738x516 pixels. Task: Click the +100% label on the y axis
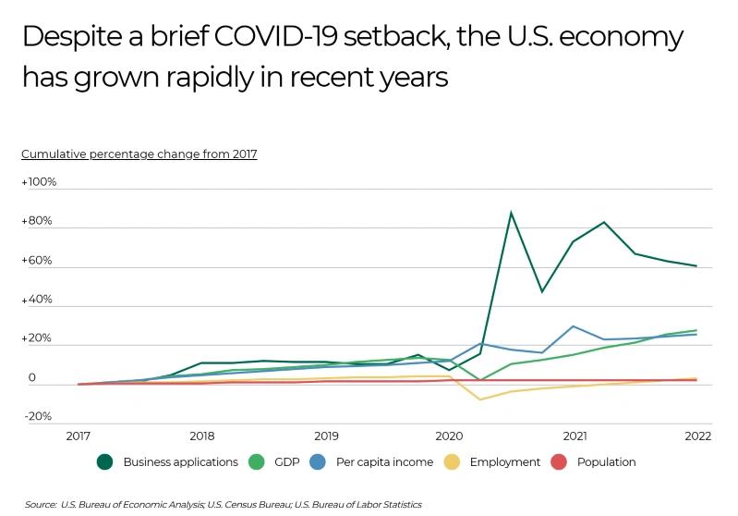39,182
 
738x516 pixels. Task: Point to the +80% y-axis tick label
37,222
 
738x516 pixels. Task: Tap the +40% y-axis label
37,300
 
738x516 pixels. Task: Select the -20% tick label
37,416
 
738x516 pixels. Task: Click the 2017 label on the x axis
78,436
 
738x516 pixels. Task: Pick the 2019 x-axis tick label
325,436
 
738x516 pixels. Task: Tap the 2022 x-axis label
696,436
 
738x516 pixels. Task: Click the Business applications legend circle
105,461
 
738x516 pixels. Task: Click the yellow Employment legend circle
453,461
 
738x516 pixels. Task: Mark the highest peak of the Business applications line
511,213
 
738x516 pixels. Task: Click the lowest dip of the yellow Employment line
479,399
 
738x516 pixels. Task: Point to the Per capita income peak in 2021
574,326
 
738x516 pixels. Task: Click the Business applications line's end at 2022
696,266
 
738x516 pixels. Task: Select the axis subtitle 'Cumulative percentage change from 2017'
139,154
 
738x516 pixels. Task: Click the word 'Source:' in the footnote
41,505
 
